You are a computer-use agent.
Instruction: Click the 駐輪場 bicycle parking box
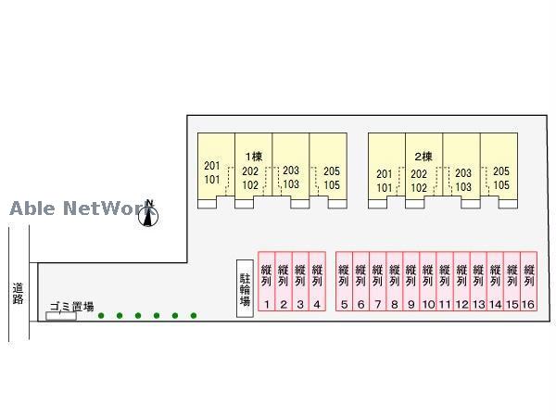pos(246,288)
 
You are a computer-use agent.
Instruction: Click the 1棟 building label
pos(253,156)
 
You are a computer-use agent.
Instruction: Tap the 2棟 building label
pos(423,156)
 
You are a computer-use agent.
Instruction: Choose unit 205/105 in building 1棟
pos(331,178)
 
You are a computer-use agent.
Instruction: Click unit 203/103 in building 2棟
pos(463,179)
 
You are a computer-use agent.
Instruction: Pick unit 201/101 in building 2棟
pos(385,179)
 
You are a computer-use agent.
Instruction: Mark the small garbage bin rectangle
pos(60,317)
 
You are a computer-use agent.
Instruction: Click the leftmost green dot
pos(101,316)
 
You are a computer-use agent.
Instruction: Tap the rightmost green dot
pos(194,316)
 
